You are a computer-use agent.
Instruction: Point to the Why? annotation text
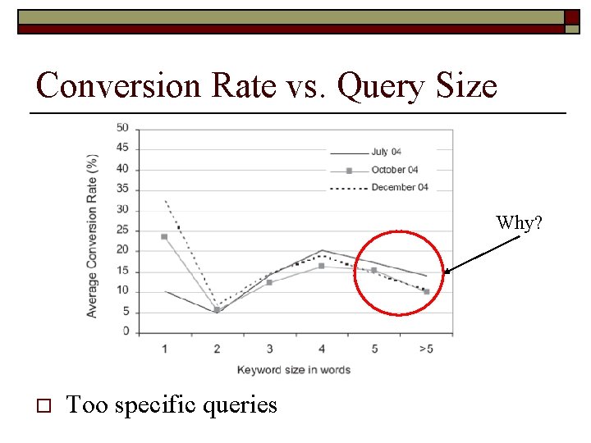pyautogui.click(x=519, y=222)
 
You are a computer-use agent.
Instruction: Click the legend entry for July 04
pyautogui.click(x=385, y=152)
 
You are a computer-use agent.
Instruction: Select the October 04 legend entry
pyautogui.click(x=394, y=170)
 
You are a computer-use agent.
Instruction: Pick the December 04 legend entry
pyautogui.click(x=399, y=187)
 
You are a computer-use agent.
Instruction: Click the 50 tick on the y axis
pyautogui.click(x=122, y=128)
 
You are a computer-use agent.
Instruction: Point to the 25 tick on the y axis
pyautogui.click(x=122, y=231)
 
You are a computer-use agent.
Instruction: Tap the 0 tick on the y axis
pyautogui.click(x=126, y=331)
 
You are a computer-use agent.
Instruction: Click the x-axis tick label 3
pyautogui.click(x=269, y=349)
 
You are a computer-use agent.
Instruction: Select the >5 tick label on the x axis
pyautogui.click(x=426, y=349)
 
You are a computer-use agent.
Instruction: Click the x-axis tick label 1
pyautogui.click(x=164, y=349)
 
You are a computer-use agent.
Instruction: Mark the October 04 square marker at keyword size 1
pyautogui.click(x=164, y=236)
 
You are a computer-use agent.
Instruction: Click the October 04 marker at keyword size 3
pyautogui.click(x=269, y=282)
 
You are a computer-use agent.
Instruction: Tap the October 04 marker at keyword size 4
pyautogui.click(x=322, y=266)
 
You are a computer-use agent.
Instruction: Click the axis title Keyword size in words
pyautogui.click(x=293, y=370)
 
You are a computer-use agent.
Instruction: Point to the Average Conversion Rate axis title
pyautogui.click(x=93, y=235)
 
